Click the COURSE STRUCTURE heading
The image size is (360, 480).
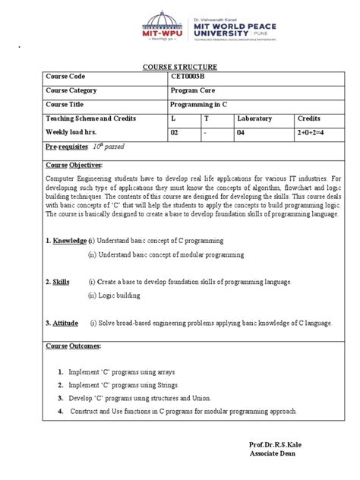pyautogui.click(x=180, y=67)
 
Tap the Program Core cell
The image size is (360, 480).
pyautogui.click(x=193, y=90)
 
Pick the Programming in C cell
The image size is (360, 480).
pyautogui.click(x=201, y=105)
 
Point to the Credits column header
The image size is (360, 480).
pyautogui.click(x=309, y=119)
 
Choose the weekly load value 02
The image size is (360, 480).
pyautogui.click(x=177, y=132)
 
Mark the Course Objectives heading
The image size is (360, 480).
pyautogui.click(x=74, y=164)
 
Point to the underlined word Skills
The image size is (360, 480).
pyautogui.click(x=61, y=282)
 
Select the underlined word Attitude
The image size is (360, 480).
pyautogui.click(x=65, y=323)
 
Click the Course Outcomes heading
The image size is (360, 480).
pyautogui.click(x=72, y=347)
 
